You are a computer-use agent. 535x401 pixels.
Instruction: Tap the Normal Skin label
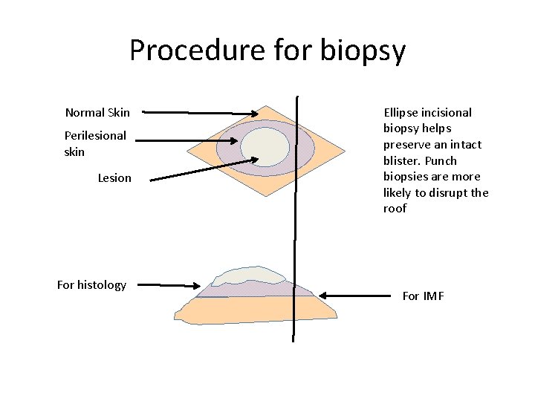pos(97,113)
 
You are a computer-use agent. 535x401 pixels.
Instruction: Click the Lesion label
pos(114,178)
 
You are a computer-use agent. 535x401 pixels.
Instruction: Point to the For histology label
pos(91,285)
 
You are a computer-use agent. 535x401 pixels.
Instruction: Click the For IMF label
pos(423,296)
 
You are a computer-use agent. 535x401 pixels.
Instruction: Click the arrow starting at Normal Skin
pos(201,113)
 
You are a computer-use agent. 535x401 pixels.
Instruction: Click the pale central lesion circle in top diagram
pos(265,146)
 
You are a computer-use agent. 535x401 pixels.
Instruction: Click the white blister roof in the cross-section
pos(245,276)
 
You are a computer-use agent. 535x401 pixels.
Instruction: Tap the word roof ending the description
pos(395,209)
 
